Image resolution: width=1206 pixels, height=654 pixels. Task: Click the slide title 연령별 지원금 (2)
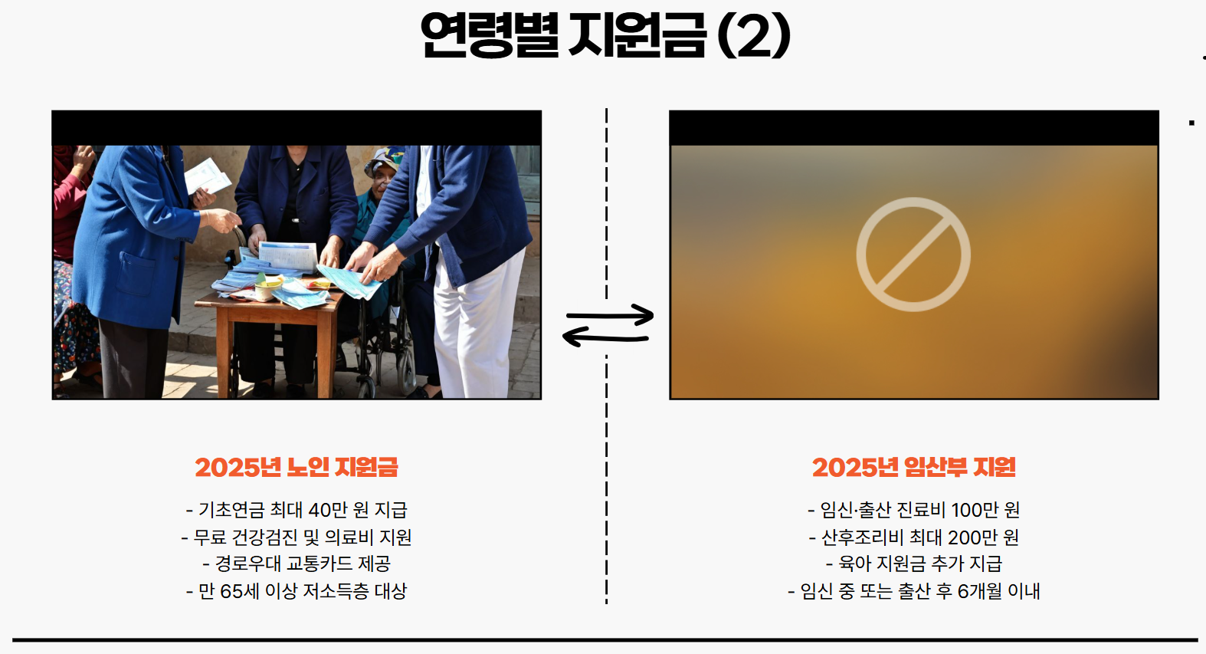pos(605,35)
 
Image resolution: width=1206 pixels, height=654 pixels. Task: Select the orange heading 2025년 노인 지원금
pos(297,467)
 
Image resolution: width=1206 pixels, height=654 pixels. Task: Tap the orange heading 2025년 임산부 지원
pos(913,467)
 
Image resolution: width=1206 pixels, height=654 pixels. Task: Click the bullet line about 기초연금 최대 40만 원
pos(297,510)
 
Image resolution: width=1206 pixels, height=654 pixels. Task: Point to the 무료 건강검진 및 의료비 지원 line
pos(297,537)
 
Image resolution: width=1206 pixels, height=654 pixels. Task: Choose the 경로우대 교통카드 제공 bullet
pos(297,564)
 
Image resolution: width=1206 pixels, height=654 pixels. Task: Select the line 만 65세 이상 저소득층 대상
pos(297,591)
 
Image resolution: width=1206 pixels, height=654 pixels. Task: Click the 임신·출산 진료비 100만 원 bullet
pos(913,510)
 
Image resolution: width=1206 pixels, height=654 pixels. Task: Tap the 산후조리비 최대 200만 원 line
pos(913,537)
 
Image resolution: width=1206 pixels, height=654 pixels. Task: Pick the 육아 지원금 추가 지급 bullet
pos(913,564)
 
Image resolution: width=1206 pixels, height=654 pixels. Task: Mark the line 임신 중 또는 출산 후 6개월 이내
pos(913,591)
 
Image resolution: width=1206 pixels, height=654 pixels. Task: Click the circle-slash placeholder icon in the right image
pos(913,255)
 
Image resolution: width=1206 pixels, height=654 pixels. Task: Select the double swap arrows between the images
pos(608,325)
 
